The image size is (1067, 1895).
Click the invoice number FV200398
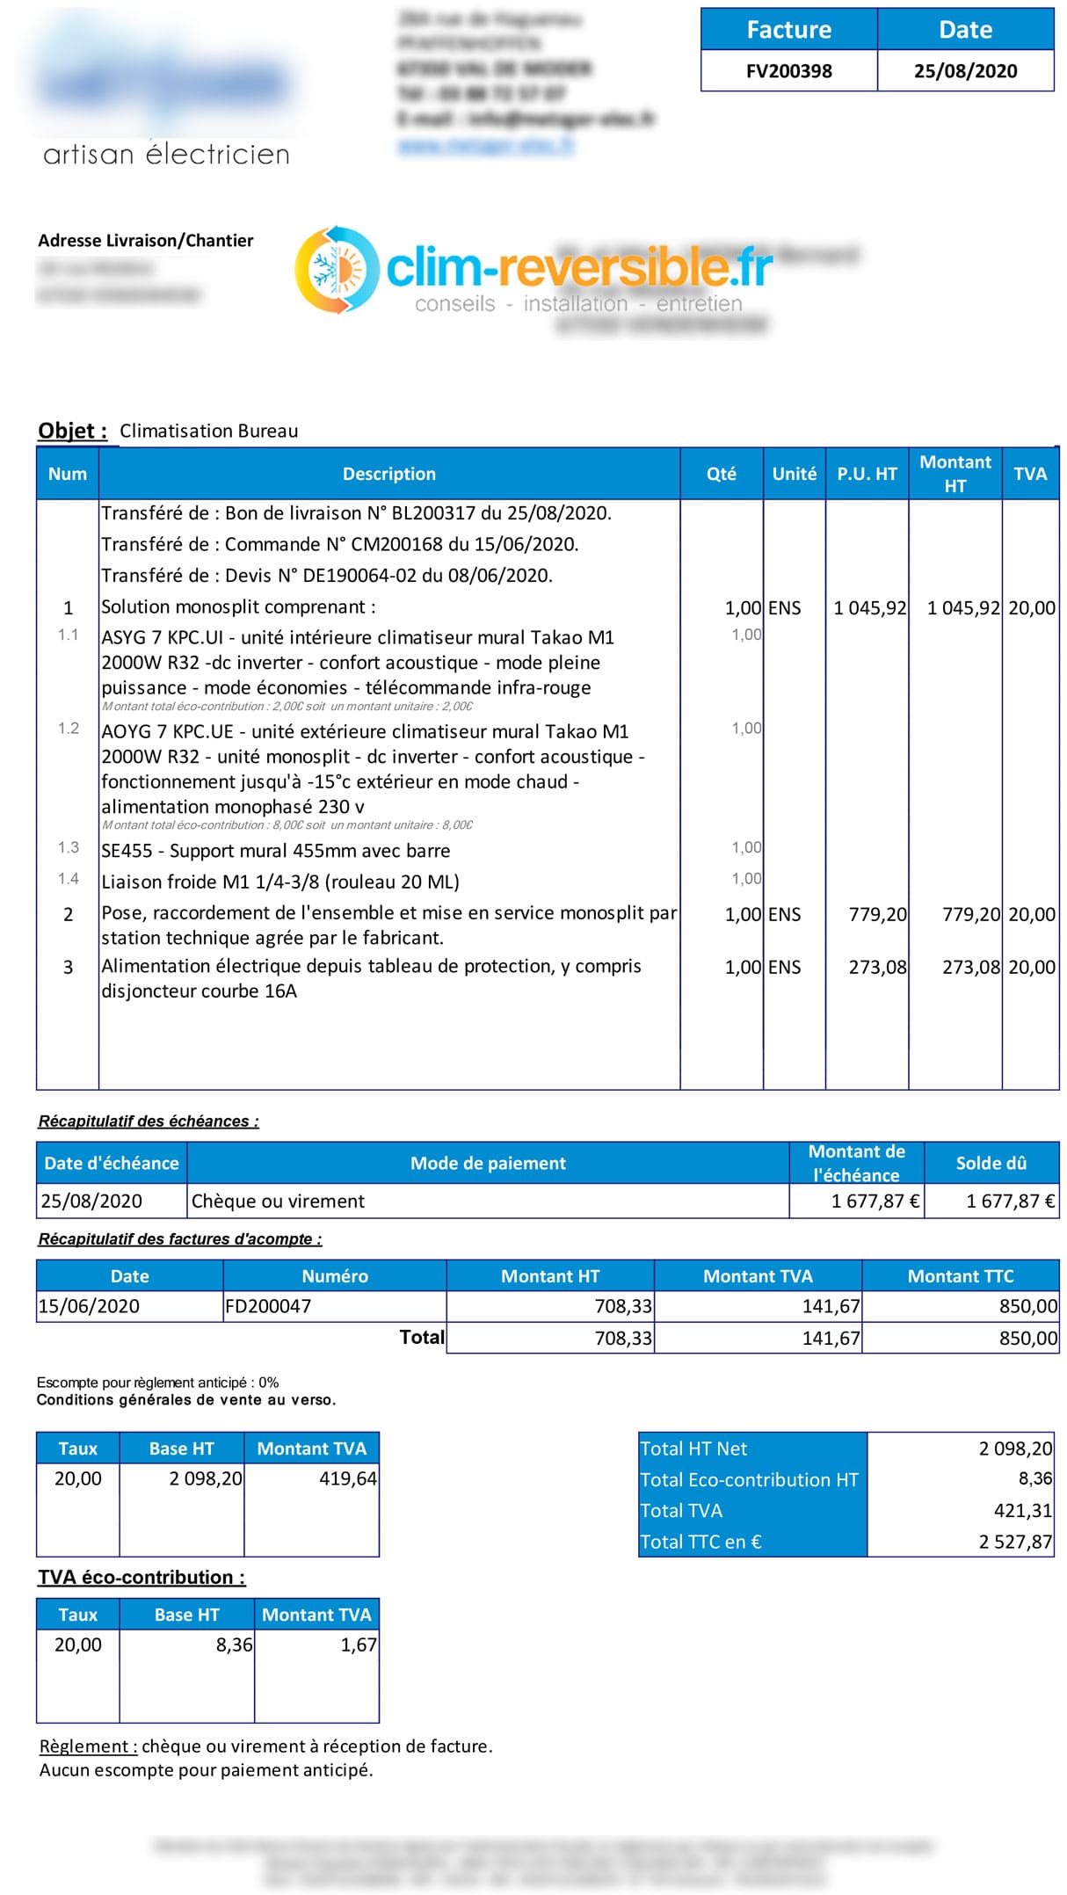(x=788, y=71)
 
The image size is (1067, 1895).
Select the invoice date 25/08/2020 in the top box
(x=965, y=71)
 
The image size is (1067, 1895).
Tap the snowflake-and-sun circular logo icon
(x=337, y=270)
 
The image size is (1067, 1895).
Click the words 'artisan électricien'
(x=166, y=155)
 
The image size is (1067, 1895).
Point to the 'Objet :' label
(x=72, y=431)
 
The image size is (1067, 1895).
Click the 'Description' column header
(x=388, y=474)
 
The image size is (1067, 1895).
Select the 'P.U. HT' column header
(x=867, y=474)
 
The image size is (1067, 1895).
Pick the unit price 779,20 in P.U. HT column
(x=877, y=914)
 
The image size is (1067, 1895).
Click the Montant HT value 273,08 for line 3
(x=970, y=967)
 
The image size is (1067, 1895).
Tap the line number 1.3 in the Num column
(x=69, y=847)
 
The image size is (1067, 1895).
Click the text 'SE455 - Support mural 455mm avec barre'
(x=275, y=851)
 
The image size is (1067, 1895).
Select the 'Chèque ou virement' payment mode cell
(x=278, y=1201)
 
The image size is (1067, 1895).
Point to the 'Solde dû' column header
(x=991, y=1163)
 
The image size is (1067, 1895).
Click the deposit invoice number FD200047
(x=268, y=1306)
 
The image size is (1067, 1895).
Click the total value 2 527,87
(x=1015, y=1542)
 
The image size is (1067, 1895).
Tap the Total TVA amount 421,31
(x=1022, y=1511)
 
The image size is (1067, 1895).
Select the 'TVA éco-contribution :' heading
(x=142, y=1577)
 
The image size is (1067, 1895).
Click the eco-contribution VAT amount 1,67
(x=359, y=1645)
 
